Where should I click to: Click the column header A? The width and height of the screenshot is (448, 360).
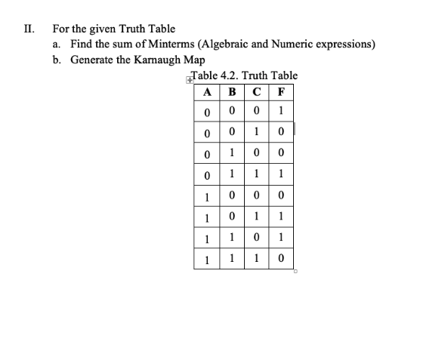tap(207, 94)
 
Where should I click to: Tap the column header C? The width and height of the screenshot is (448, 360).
tap(257, 94)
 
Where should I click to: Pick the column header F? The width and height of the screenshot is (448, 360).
tap(281, 94)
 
